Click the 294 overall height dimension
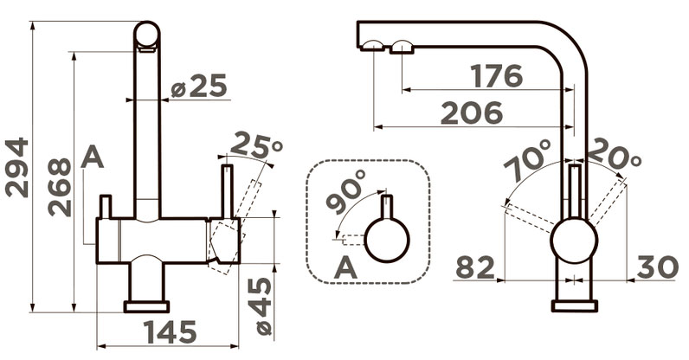click(x=16, y=168)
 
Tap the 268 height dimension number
click(x=60, y=187)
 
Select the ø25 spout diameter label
click(x=198, y=86)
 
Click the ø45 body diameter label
click(x=264, y=306)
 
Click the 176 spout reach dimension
click(x=497, y=75)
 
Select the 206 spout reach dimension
click(x=472, y=112)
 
